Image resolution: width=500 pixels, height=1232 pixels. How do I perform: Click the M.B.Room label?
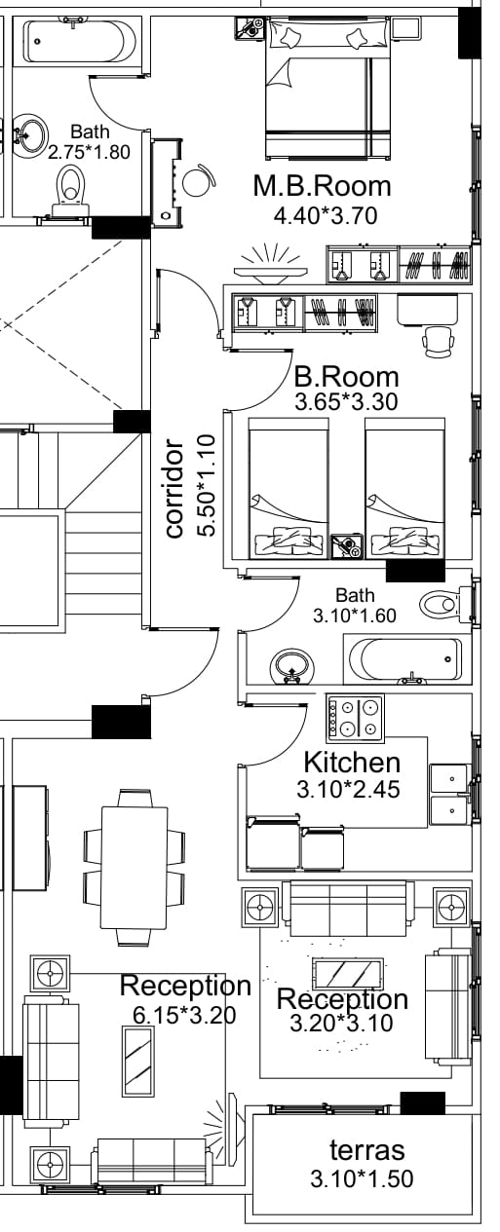tap(323, 186)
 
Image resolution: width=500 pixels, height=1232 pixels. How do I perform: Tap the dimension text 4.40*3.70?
tap(326, 215)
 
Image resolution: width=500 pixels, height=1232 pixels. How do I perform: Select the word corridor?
tap(173, 488)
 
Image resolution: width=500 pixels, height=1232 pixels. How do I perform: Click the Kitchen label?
tap(352, 763)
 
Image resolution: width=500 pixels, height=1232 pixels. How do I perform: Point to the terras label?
tap(367, 1150)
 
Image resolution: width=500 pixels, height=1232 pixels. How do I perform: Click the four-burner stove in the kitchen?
tap(356, 716)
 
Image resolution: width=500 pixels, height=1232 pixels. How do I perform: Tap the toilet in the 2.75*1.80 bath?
tap(70, 191)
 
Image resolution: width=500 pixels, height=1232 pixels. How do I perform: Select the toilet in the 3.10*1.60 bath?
tap(446, 605)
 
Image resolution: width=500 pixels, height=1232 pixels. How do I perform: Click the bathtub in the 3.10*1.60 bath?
tap(407, 659)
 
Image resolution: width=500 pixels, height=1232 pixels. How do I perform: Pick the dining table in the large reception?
tap(134, 867)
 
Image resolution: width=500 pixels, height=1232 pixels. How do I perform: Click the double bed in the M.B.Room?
tap(328, 88)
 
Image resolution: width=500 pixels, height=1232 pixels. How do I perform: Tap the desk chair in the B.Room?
tap(439, 341)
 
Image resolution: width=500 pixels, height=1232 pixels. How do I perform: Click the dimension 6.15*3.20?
tap(184, 1015)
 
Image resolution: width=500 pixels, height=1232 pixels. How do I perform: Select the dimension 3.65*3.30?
tap(346, 402)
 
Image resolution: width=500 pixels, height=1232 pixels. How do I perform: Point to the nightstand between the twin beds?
tap(347, 546)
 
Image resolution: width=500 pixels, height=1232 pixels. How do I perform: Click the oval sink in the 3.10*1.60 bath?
tap(292, 666)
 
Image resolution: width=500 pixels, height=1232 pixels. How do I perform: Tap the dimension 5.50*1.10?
tap(206, 485)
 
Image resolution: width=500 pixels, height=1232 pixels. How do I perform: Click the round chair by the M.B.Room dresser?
tap(197, 180)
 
